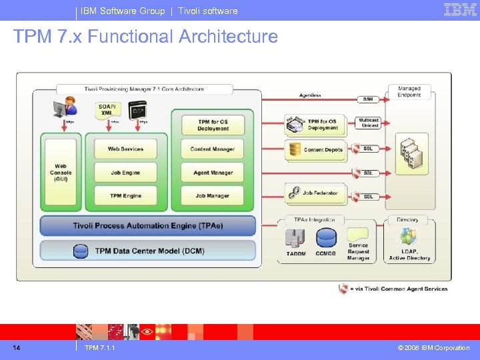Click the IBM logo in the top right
tap(460, 9)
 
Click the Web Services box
tap(125, 149)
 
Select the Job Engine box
tap(125, 173)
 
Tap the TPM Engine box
tap(125, 196)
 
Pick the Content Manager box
tap(213, 149)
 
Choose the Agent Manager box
tap(213, 173)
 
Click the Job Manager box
tap(213, 196)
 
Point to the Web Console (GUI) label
tap(61, 173)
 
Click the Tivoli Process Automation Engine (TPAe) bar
tap(148, 225)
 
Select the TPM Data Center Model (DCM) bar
tap(148, 251)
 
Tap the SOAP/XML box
tap(107, 110)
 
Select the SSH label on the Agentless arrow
tap(368, 99)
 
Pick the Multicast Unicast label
tap(370, 123)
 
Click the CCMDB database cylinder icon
tap(326, 238)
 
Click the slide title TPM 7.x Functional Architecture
tap(145, 36)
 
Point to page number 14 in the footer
tap(17, 347)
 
